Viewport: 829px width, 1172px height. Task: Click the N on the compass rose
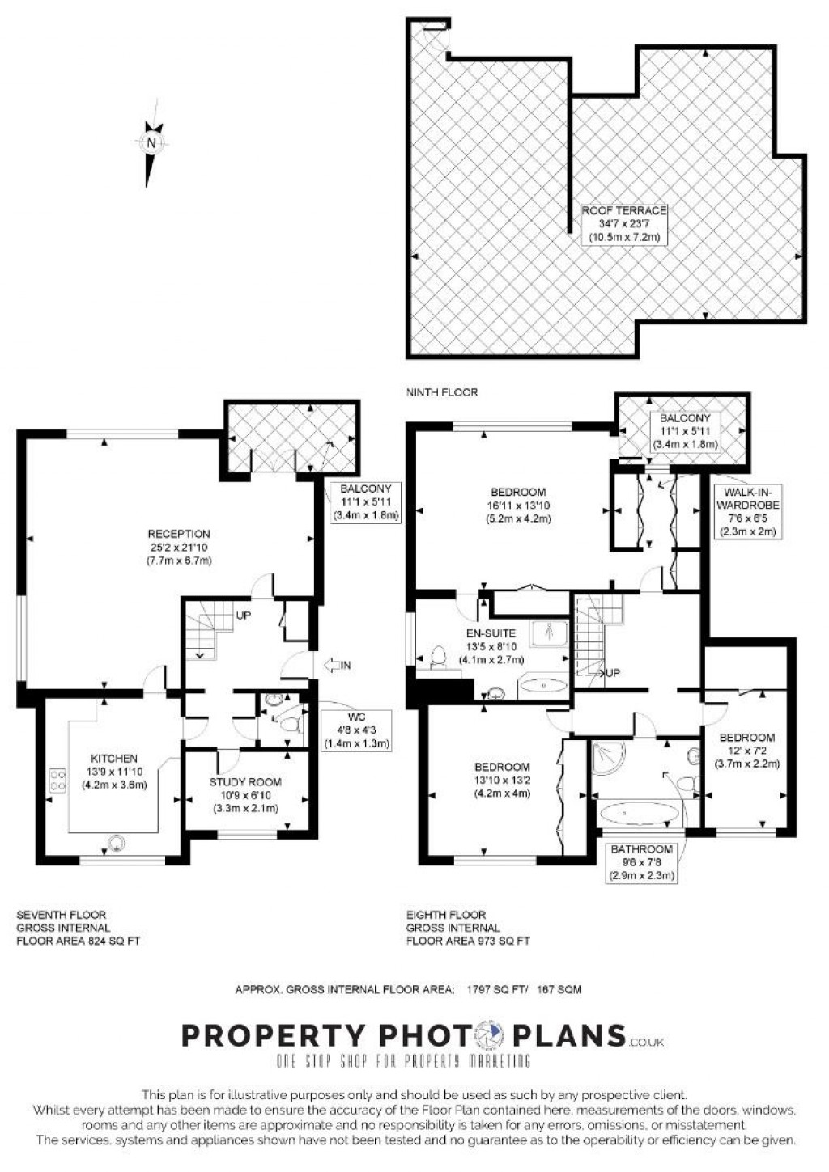(152, 142)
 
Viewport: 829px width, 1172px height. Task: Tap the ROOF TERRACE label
(623, 210)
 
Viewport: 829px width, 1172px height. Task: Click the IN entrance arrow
(337, 665)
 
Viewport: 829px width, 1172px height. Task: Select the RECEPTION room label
(179, 534)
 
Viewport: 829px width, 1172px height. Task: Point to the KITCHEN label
(114, 759)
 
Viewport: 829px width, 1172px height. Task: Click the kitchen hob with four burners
(58, 779)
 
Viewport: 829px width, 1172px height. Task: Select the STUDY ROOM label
(245, 782)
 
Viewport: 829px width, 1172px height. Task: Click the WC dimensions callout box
(355, 730)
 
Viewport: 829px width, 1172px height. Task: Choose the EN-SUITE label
(491, 633)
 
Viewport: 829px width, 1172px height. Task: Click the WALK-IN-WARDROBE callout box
(747, 512)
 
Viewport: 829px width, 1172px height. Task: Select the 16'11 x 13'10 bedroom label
(517, 506)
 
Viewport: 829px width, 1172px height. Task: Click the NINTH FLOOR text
(442, 392)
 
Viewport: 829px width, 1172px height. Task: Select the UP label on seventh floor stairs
(243, 616)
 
